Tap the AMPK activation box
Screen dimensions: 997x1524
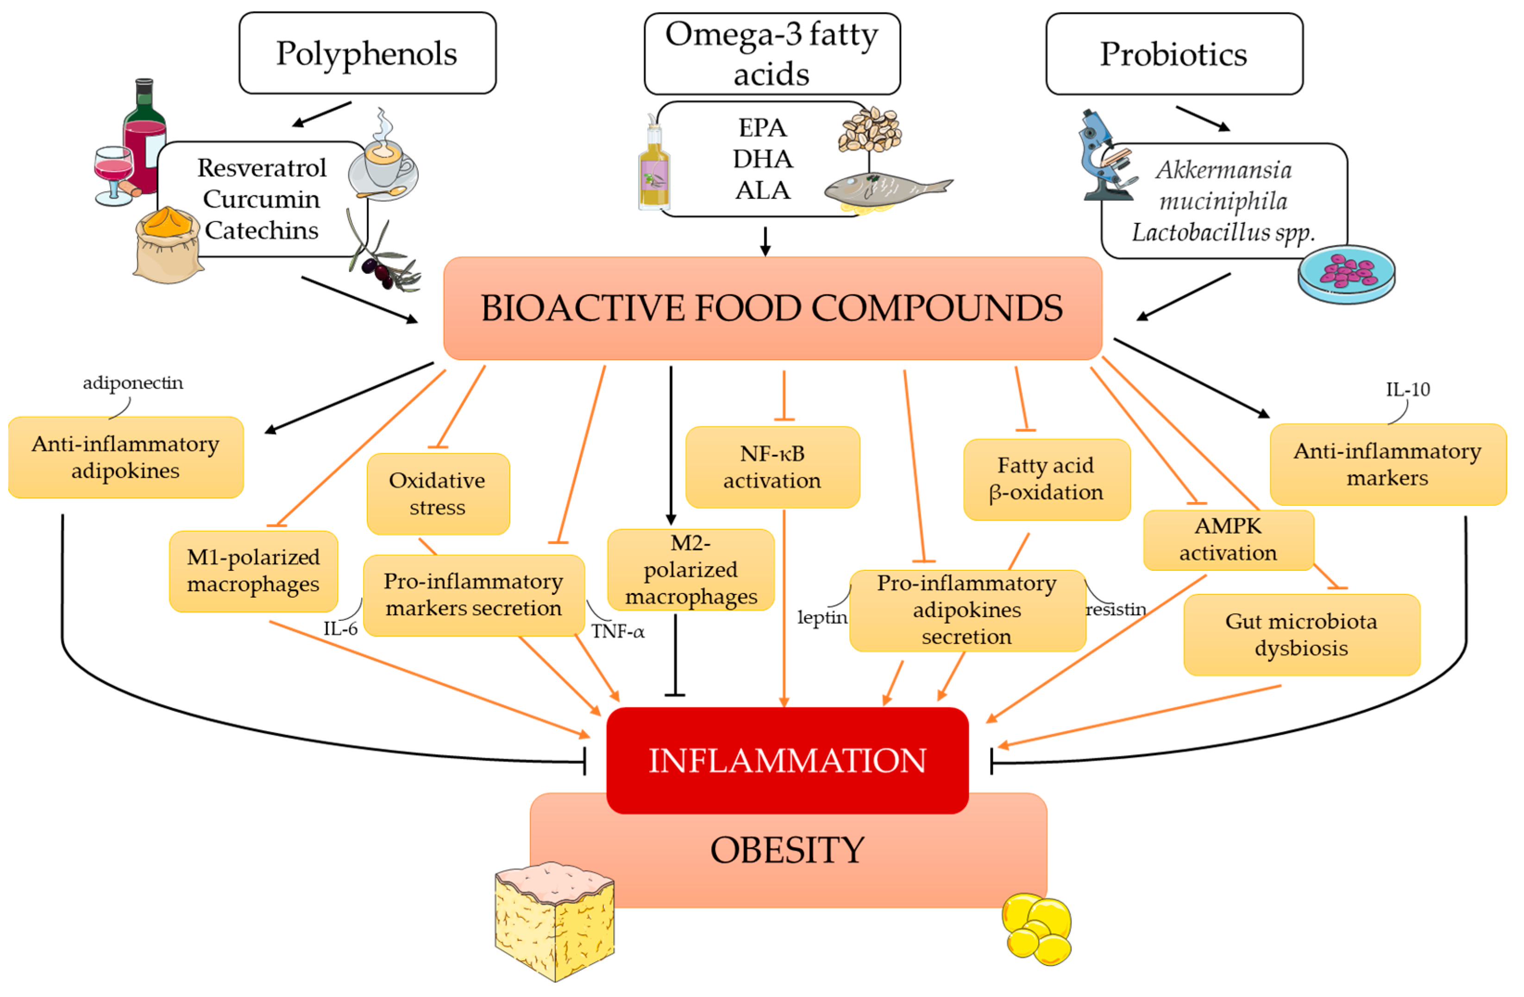(x=1228, y=540)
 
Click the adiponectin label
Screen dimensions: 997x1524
(x=132, y=383)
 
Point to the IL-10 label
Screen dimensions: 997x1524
(x=1407, y=390)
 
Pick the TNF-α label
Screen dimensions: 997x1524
(x=617, y=632)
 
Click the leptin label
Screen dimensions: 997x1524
(x=822, y=617)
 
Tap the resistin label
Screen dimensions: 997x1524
(x=1116, y=609)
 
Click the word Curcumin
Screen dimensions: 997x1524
(x=261, y=199)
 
